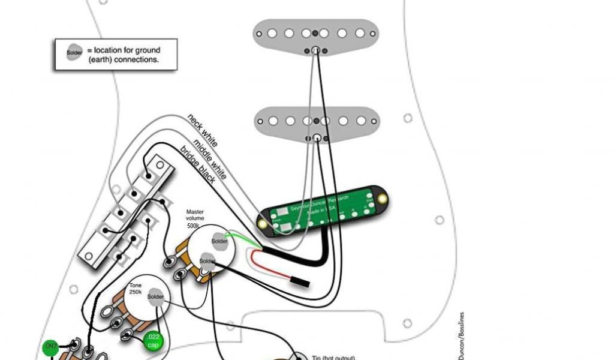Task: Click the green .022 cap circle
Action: (152, 341)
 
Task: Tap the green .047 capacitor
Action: (50, 347)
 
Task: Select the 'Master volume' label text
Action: (195, 215)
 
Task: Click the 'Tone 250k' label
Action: (136, 289)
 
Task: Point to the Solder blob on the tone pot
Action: (155, 297)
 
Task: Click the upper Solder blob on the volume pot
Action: (219, 241)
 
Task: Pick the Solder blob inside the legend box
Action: (75, 53)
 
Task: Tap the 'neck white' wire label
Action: (203, 130)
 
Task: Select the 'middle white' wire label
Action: (210, 158)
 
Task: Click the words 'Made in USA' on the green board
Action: (321, 212)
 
